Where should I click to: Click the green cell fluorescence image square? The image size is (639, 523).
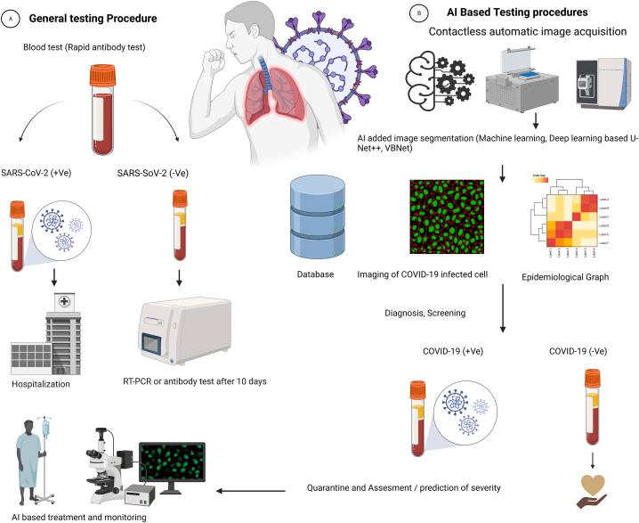tap(448, 217)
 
